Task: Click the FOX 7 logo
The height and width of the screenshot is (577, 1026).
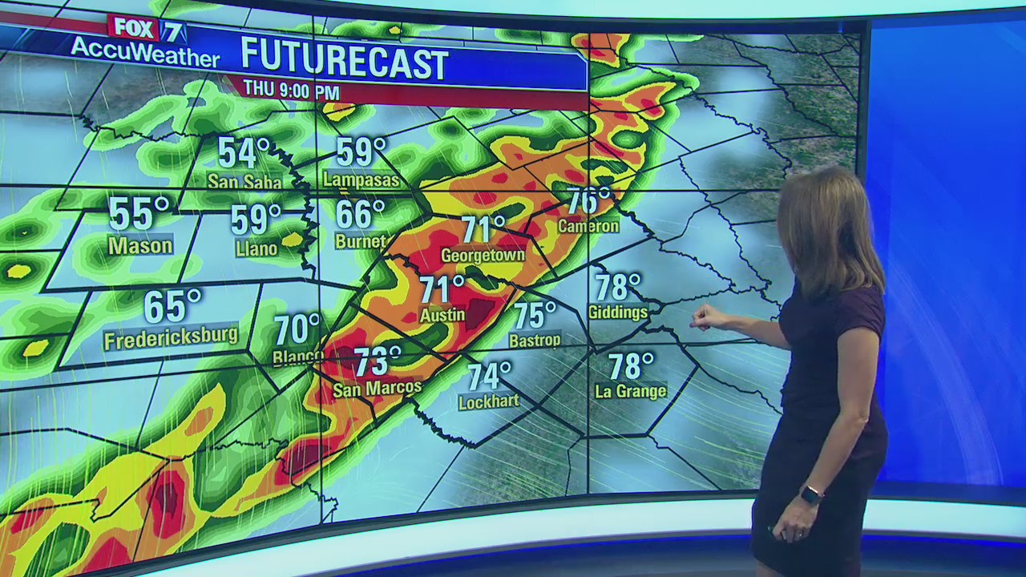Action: (x=147, y=29)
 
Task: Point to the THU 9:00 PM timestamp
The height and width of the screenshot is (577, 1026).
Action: (x=291, y=89)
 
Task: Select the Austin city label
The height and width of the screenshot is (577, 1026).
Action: (x=442, y=315)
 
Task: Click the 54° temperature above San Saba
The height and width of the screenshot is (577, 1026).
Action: (x=244, y=152)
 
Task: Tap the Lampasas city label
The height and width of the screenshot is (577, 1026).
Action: (x=362, y=180)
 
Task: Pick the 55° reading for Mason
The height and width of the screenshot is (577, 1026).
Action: (x=139, y=214)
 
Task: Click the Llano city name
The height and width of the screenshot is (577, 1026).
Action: (x=256, y=249)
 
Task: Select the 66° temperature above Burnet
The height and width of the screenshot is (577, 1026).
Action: (x=360, y=214)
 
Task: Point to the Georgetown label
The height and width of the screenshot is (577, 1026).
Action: (x=483, y=256)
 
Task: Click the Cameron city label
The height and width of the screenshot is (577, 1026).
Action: (x=588, y=227)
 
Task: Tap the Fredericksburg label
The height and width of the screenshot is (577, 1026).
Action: (x=171, y=337)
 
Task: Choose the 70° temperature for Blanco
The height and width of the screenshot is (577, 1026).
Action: (x=297, y=329)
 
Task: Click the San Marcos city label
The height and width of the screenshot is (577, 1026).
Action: (x=377, y=389)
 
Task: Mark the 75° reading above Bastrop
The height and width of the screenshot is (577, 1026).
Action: (x=535, y=315)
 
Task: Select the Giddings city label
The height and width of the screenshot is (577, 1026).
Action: (x=618, y=313)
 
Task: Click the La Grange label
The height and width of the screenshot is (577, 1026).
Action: (x=631, y=392)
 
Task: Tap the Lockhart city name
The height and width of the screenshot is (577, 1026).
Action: (x=489, y=401)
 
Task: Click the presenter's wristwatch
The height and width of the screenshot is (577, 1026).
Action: (x=811, y=494)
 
